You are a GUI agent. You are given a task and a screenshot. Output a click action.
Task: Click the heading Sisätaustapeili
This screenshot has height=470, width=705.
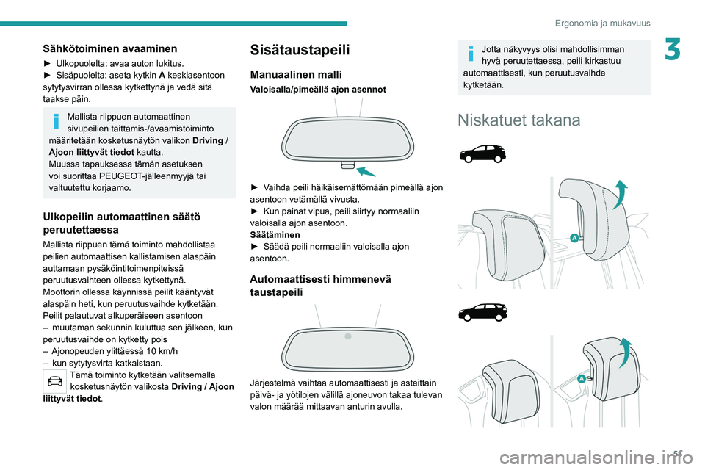[x=300, y=50]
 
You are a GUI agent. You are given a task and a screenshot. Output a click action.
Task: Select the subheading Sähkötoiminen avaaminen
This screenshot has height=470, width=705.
[x=109, y=48]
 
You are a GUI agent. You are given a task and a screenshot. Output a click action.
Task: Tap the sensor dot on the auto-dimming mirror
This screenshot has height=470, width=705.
[x=349, y=336]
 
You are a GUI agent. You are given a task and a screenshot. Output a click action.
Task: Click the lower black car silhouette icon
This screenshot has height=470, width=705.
[x=482, y=311]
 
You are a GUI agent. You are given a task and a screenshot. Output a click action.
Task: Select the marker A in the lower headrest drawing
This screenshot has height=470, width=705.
[x=581, y=377]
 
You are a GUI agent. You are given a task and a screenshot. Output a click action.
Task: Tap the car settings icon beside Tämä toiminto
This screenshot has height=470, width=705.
[x=54, y=380]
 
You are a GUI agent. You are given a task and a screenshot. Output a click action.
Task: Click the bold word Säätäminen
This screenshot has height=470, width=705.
[x=275, y=234]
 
